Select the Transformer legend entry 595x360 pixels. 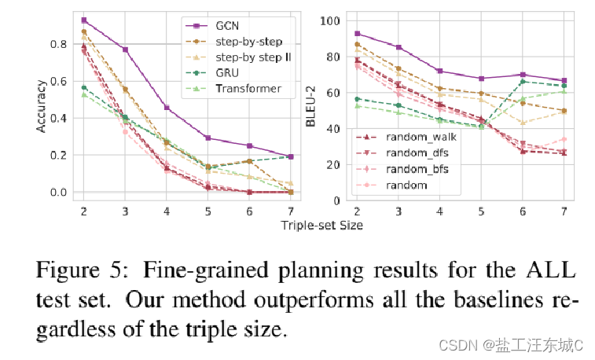[x=248, y=88]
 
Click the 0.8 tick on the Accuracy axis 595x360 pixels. [x=58, y=44]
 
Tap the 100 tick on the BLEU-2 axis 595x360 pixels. [x=330, y=20]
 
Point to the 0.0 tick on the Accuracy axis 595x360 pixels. [x=58, y=192]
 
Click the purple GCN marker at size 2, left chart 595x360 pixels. [x=84, y=20]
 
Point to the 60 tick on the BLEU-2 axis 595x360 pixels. [x=333, y=93]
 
